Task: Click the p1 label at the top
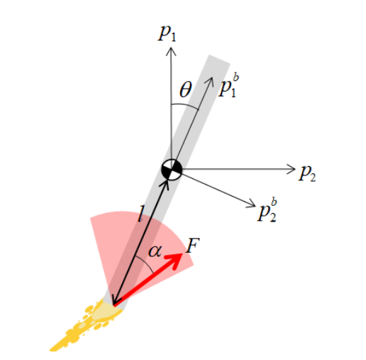coord(167,33)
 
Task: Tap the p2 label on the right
coord(307,173)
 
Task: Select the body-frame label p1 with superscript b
coord(228,85)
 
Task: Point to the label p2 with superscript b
coord(267,210)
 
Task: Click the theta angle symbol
coord(186,90)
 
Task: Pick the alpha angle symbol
coord(155,251)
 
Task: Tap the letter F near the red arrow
coord(193,245)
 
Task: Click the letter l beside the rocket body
coord(141,214)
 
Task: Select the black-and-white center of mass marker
coord(172,170)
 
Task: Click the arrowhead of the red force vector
coord(176,259)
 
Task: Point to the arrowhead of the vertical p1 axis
coord(171,51)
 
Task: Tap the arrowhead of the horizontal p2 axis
coord(291,169)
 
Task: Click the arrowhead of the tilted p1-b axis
coord(210,82)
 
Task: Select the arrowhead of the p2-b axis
coord(251,204)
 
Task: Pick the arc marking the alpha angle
coord(145,263)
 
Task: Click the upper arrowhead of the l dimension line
coord(165,184)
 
